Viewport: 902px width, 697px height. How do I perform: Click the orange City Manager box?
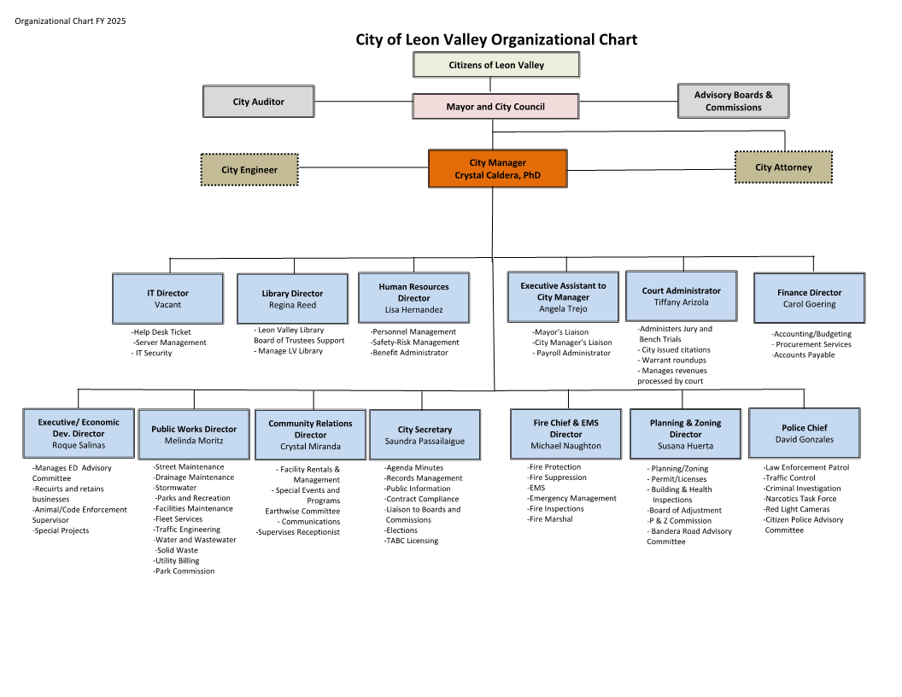[497, 169]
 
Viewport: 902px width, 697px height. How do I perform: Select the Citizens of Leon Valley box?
[496, 65]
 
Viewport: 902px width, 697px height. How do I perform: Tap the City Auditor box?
[258, 102]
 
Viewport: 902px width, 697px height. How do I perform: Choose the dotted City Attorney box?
[783, 167]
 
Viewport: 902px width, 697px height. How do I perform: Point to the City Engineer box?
[249, 170]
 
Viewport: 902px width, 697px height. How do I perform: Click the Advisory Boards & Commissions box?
[733, 101]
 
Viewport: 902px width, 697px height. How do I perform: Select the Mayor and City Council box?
[495, 107]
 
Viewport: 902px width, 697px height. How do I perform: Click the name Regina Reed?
[292, 305]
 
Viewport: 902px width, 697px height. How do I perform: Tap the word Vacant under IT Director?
[167, 304]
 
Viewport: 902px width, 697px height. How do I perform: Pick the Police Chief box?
[804, 433]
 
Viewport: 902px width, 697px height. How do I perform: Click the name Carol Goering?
[809, 304]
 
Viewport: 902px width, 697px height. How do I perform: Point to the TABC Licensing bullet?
[411, 541]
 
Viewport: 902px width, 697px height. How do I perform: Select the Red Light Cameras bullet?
[797, 509]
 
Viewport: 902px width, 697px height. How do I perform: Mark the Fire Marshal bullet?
[550, 519]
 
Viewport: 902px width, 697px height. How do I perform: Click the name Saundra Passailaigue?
[425, 441]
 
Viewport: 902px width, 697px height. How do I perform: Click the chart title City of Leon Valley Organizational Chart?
[496, 39]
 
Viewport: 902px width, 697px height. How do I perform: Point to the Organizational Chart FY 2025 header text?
[70, 20]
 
